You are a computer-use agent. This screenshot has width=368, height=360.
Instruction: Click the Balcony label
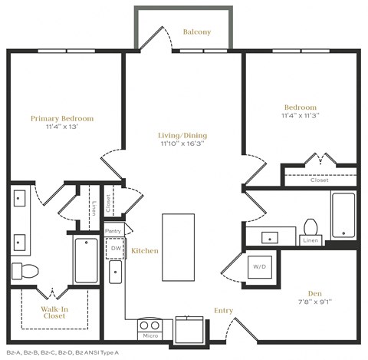(x=197, y=32)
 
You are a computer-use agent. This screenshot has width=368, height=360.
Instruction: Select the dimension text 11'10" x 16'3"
(x=183, y=144)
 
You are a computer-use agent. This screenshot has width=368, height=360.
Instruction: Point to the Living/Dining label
(x=182, y=135)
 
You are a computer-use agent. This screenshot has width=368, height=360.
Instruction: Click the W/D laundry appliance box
(x=259, y=268)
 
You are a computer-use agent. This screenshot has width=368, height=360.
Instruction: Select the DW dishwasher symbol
(x=117, y=248)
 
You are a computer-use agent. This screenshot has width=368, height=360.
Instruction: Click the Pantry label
(x=113, y=230)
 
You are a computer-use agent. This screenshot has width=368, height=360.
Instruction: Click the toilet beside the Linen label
(x=311, y=227)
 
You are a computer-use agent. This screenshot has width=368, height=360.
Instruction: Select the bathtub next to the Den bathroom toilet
(x=343, y=215)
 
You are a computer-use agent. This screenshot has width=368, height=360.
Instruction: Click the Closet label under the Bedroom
(x=320, y=180)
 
